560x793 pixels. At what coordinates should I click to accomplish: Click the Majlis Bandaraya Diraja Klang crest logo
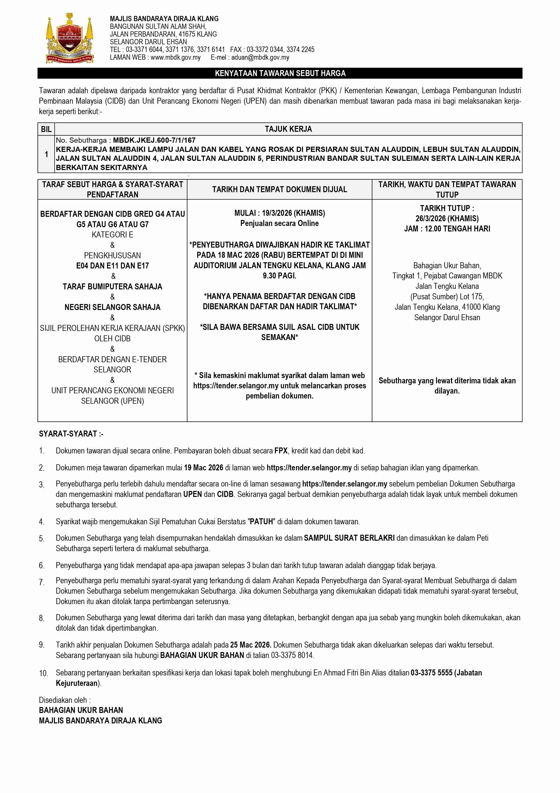70,38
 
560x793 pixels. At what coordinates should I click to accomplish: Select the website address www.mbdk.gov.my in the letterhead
175,57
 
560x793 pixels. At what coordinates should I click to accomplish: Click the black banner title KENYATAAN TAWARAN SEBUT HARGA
280,73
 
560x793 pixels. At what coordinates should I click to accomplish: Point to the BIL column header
46,129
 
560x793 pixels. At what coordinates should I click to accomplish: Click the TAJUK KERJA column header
288,129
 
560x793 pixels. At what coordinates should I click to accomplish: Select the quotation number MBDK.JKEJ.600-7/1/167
154,140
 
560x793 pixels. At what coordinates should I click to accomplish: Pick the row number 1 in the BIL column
46,154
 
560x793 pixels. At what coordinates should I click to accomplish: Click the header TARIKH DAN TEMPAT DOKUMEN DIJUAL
279,189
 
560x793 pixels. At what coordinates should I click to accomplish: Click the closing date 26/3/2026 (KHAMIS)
447,218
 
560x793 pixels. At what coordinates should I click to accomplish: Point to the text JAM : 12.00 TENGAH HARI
447,229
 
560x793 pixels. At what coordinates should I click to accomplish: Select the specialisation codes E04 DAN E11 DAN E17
112,265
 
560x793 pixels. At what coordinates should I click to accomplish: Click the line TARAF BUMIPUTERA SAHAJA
112,286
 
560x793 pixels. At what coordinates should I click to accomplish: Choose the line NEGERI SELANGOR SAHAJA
112,307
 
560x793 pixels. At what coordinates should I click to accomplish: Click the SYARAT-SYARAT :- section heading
71,434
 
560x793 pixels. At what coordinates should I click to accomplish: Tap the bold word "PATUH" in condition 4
261,522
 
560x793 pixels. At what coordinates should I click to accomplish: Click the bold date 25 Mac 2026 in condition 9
251,645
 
